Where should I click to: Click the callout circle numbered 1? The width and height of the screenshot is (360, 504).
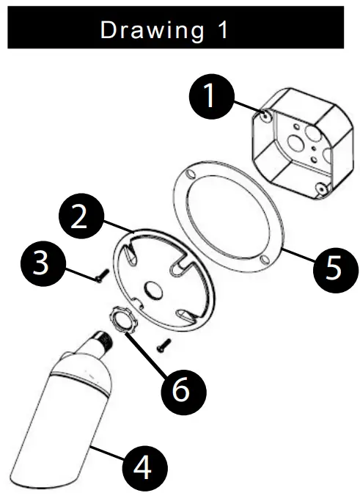click(x=212, y=96)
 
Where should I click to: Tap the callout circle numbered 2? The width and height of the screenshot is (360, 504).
click(x=81, y=216)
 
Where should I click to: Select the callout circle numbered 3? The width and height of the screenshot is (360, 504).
click(x=43, y=263)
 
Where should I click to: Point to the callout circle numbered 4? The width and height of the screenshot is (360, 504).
click(x=145, y=468)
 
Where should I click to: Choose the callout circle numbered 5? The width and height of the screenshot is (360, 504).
click(x=336, y=270)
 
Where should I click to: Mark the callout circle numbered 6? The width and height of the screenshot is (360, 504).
click(x=184, y=392)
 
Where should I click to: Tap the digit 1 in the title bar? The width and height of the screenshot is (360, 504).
click(x=223, y=29)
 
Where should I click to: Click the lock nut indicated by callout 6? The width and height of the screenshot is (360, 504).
click(x=124, y=320)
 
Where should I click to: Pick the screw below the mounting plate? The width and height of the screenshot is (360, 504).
click(x=164, y=346)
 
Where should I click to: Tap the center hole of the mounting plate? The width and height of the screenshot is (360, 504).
click(x=153, y=288)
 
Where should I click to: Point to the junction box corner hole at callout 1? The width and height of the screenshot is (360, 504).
click(x=266, y=117)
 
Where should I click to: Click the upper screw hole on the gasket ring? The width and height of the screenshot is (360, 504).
click(x=191, y=175)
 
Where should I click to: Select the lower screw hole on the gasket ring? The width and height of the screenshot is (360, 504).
click(x=264, y=259)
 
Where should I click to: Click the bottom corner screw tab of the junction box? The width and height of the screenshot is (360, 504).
click(x=321, y=189)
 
